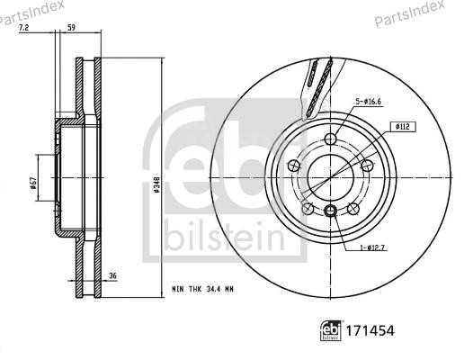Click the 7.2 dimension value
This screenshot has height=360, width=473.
pyautogui.click(x=24, y=27)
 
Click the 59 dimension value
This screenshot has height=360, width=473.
pyautogui.click(x=71, y=27)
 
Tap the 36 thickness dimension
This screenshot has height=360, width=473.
pyautogui.click(x=113, y=276)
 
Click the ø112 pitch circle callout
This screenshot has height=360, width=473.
pyautogui.click(x=404, y=128)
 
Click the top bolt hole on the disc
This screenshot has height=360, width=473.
pyautogui.click(x=331, y=139)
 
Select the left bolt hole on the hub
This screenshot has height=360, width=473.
pyautogui.click(x=293, y=166)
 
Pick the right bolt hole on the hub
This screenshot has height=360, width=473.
pyautogui.click(x=367, y=166)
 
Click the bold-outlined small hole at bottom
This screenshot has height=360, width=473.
pyautogui.click(x=331, y=211)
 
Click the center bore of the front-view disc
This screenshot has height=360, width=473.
pyautogui.click(x=330, y=176)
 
